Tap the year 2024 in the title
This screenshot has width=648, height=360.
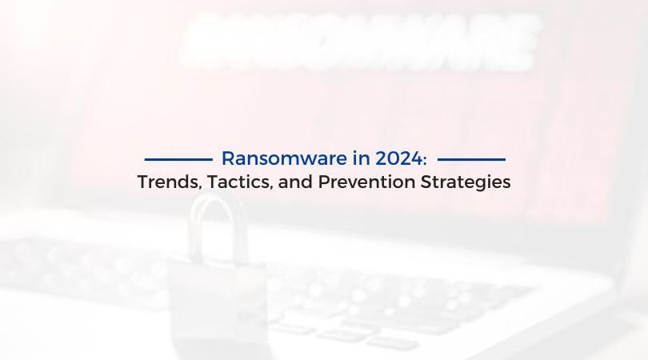point(399,158)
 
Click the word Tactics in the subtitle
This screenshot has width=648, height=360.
point(238,182)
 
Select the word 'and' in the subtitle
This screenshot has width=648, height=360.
point(295,182)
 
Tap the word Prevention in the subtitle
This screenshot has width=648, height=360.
point(366,182)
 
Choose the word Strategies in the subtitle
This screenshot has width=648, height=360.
point(466,183)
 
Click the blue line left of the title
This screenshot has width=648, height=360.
point(178,159)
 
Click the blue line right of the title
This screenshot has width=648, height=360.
point(471,159)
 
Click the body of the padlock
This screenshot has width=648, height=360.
point(218,306)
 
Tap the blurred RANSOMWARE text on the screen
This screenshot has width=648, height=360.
point(360,41)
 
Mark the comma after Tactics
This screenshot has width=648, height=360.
point(271,188)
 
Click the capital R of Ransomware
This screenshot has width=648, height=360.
point(229,158)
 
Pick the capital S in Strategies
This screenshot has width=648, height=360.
point(426,182)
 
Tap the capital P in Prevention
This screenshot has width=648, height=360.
point(323,182)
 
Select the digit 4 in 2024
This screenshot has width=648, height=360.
point(417,158)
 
